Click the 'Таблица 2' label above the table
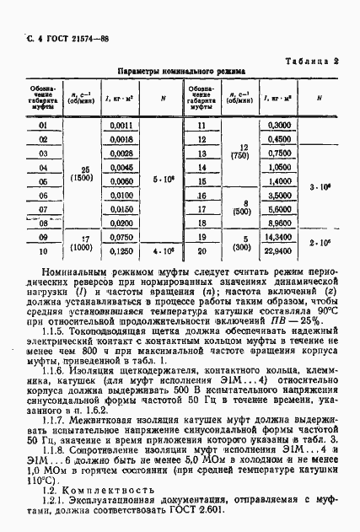313,61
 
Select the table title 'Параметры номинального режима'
181,73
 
